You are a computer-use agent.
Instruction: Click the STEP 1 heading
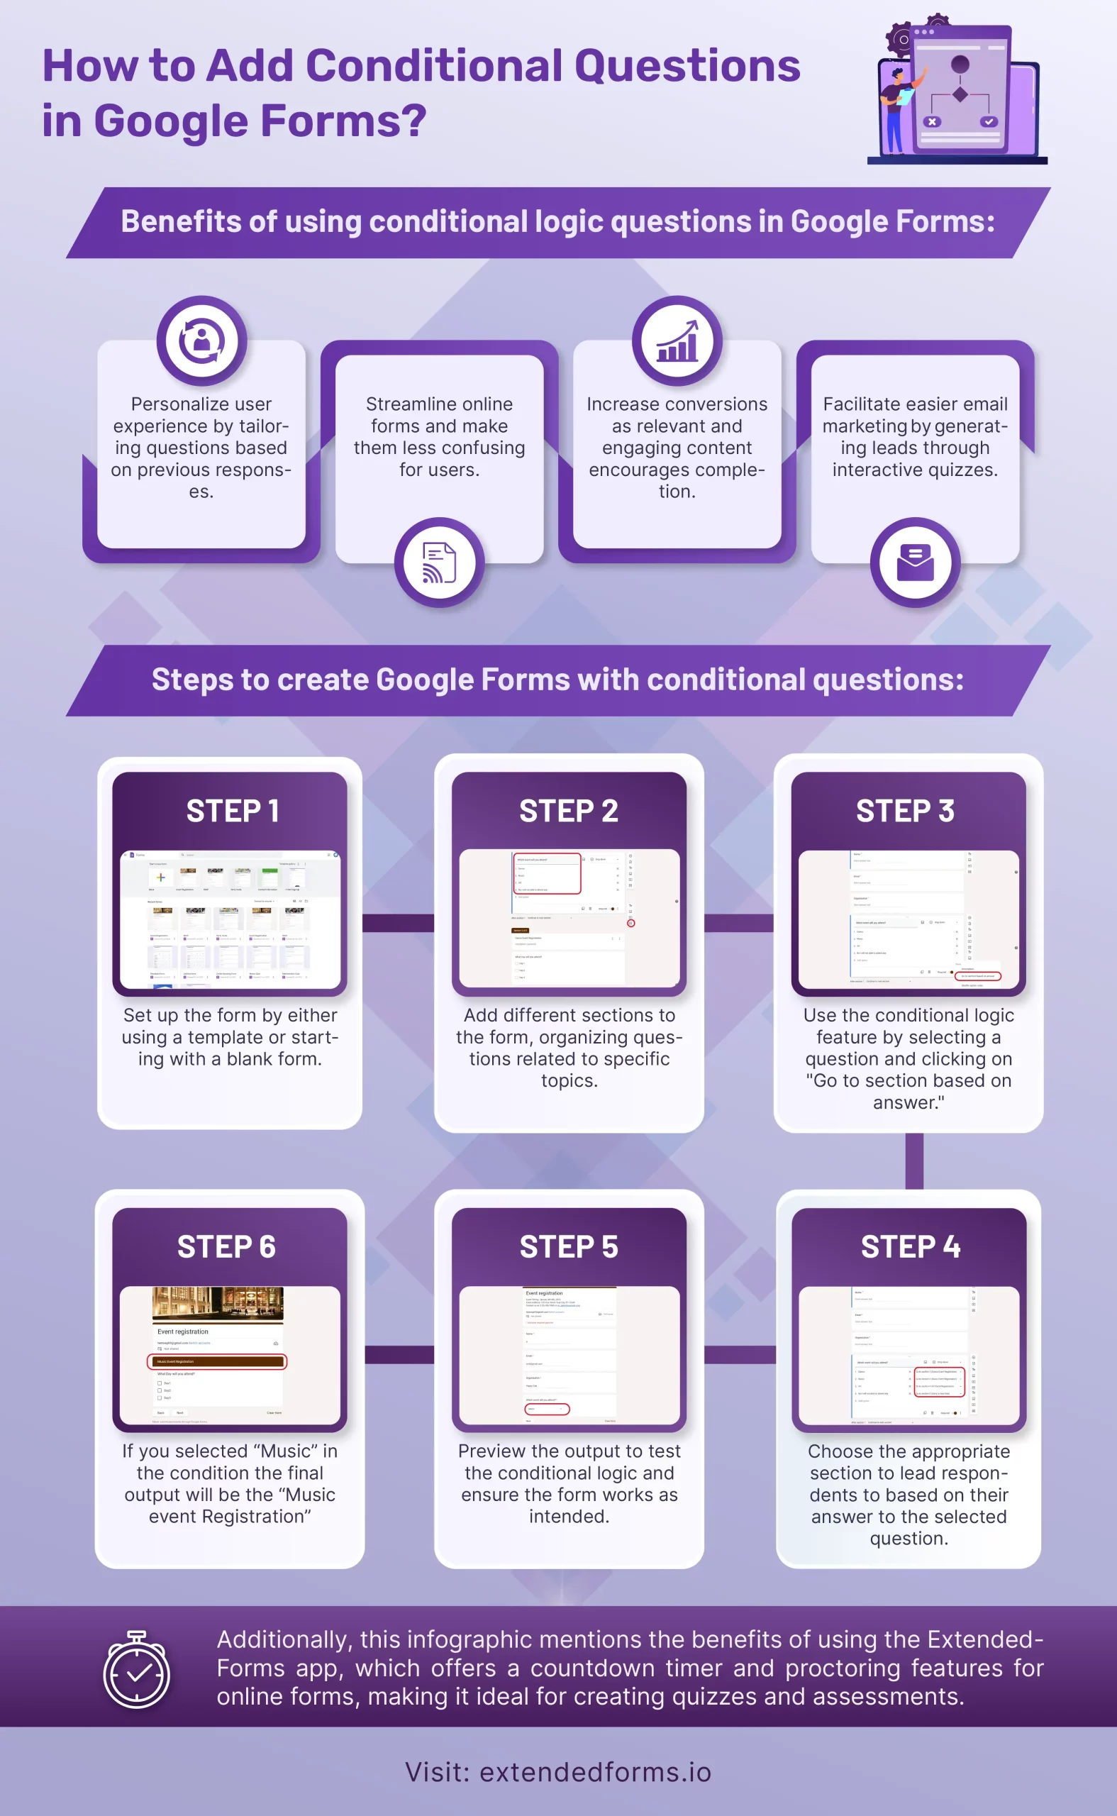coord(232,812)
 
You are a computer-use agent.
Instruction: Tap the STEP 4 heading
coord(910,1247)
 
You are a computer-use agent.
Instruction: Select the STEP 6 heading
coord(226,1247)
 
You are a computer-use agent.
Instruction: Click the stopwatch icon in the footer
coord(137,1671)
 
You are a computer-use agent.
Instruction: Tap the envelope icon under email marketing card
coord(915,563)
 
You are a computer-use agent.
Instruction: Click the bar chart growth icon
coord(677,341)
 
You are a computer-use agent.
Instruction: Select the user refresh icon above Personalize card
coord(201,341)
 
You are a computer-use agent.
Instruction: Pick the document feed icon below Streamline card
coord(439,563)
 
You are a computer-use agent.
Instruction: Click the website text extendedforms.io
coord(595,1772)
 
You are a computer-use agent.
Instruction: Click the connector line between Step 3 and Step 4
coord(914,1161)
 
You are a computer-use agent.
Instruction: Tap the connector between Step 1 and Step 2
coord(398,923)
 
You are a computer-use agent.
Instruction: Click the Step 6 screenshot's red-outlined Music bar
coord(217,1361)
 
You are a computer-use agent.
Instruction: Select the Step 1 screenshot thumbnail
coord(230,919)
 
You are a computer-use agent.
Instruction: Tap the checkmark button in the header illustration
coord(989,122)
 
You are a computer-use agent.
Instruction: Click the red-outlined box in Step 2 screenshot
coord(547,873)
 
